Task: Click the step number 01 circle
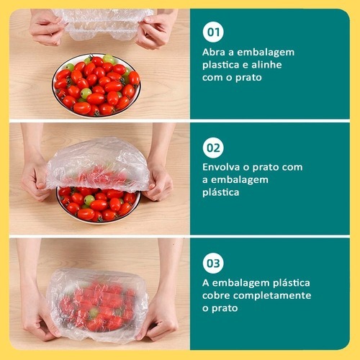(213, 32)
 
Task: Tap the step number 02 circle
(213, 148)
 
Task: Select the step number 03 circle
(213, 263)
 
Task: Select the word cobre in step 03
(216, 295)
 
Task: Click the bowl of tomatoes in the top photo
(96, 86)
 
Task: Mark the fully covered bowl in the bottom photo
(96, 305)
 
